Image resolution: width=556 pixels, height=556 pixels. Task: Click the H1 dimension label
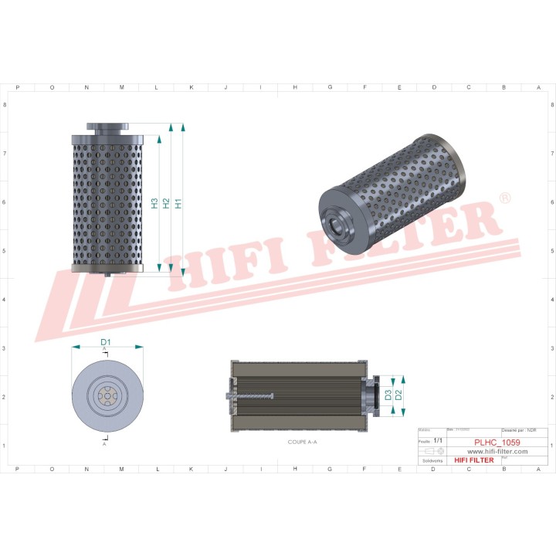178,204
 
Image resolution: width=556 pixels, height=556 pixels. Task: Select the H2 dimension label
166,204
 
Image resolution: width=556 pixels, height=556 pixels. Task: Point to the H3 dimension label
154,204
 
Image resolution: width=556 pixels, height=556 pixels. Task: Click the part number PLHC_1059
497,442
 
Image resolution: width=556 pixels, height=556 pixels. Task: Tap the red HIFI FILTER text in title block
473,460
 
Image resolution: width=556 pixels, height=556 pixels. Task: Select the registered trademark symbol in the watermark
504,198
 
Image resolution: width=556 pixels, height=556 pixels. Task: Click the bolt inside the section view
251,396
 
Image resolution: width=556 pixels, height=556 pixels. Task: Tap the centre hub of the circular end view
105,396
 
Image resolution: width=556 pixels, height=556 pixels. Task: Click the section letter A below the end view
105,445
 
